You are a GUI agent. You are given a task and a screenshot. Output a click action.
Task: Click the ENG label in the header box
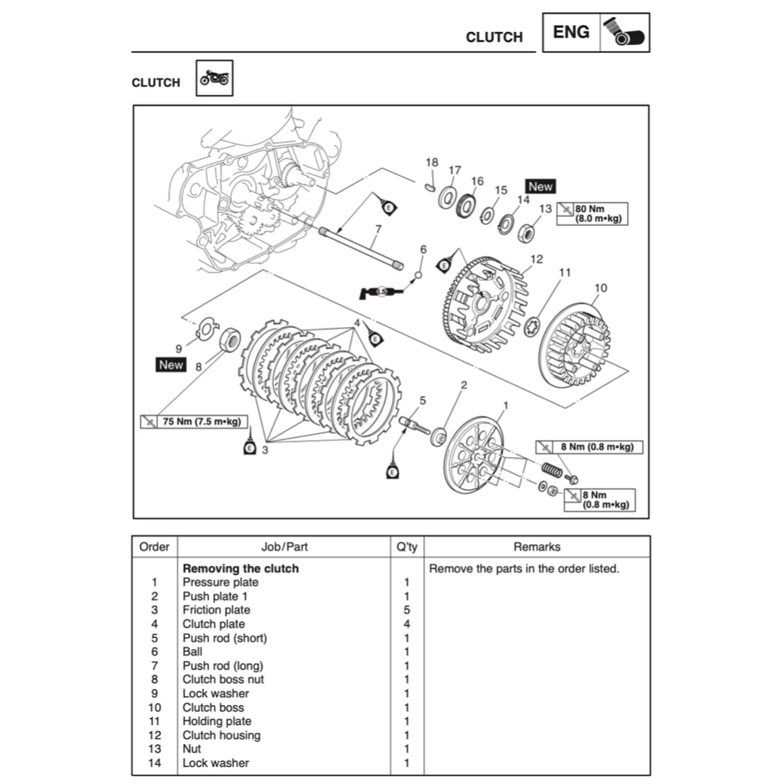coord(571,32)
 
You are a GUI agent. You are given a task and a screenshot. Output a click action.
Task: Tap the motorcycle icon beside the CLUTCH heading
coord(214,78)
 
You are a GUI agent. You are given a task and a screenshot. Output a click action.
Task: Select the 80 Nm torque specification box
coord(592,213)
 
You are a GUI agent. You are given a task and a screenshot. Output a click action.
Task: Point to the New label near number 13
coord(540,186)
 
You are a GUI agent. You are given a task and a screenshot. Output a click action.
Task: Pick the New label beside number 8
coord(171,364)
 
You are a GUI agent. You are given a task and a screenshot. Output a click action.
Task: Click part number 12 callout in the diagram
coord(536,260)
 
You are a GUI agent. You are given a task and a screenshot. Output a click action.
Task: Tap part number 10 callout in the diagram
coord(600,288)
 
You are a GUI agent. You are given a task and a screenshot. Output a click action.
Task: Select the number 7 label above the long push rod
coord(377,229)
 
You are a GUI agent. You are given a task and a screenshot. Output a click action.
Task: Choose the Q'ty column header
coord(407,547)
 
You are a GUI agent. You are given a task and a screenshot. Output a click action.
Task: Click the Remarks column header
coord(537,547)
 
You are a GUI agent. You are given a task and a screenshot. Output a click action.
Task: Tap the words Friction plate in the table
coord(216,610)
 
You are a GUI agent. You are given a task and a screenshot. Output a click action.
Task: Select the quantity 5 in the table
coord(407,610)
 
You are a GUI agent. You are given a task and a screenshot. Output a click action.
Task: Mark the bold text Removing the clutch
coord(240,569)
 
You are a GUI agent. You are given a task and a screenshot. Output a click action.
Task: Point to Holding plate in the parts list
coord(217,721)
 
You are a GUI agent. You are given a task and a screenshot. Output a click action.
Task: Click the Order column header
coord(154,547)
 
